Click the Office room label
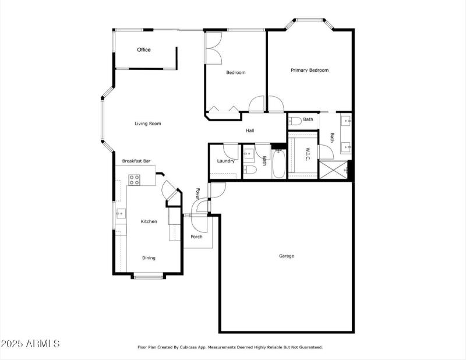point(144,50)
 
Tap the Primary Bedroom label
point(309,70)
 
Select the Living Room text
point(147,123)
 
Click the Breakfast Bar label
point(136,161)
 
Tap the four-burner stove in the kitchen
point(134,180)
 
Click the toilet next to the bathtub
point(250,170)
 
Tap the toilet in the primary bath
point(295,121)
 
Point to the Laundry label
point(225,161)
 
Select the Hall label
point(249,131)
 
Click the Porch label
point(197,237)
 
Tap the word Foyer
point(198,193)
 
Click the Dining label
point(149,258)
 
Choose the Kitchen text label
point(149,221)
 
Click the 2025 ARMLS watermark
point(30,344)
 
